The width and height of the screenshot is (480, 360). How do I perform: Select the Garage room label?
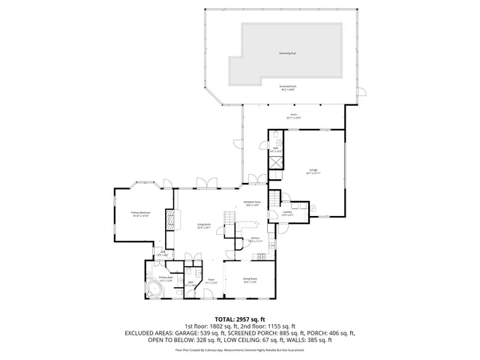pyautogui.click(x=313, y=172)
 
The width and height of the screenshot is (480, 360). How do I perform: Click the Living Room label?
pyautogui.click(x=203, y=226)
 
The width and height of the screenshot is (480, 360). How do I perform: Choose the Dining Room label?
pyautogui.click(x=250, y=280)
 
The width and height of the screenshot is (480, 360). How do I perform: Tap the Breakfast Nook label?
pyautogui.click(x=252, y=203)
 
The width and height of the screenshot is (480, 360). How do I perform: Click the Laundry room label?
pyautogui.click(x=286, y=214)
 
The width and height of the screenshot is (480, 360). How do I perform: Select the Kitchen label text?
pyautogui.click(x=255, y=240)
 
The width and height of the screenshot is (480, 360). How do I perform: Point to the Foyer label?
pyautogui.click(x=211, y=280)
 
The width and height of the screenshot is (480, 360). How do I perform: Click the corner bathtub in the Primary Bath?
pyautogui.click(x=154, y=289)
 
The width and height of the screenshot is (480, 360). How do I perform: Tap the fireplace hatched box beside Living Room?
pyautogui.click(x=170, y=220)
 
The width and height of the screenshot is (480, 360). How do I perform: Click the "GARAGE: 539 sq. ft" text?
pyautogui.click(x=202, y=333)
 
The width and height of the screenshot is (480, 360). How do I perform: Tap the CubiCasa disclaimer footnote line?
pyautogui.click(x=240, y=349)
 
